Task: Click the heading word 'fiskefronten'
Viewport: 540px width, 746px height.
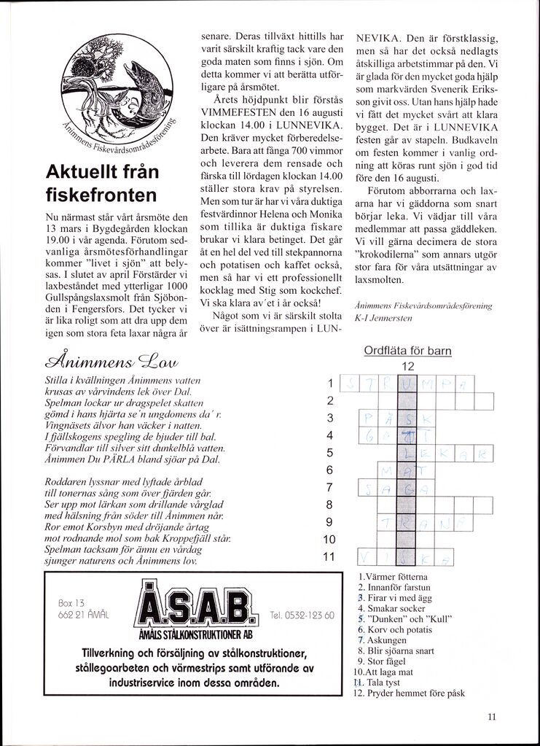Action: pyautogui.click(x=101, y=195)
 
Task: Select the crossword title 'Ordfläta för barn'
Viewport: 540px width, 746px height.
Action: pyautogui.click(x=407, y=351)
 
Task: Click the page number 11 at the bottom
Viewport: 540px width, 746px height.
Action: pyautogui.click(x=492, y=717)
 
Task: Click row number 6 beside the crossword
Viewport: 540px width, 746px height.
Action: pyautogui.click(x=329, y=470)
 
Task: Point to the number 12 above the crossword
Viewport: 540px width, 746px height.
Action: pyautogui.click(x=407, y=366)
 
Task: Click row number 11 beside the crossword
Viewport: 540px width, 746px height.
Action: pyautogui.click(x=329, y=556)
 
